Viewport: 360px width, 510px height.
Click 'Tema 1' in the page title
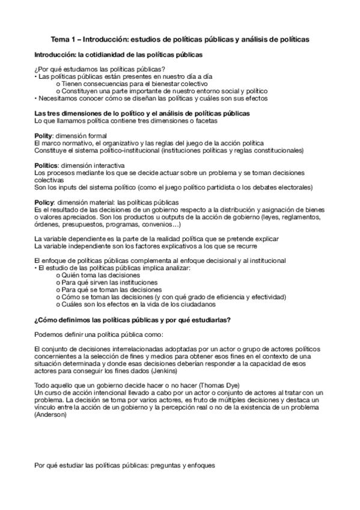tap(64, 39)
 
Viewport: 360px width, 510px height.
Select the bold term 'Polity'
tap(43, 136)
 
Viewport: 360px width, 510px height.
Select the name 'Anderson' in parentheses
tap(53, 416)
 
